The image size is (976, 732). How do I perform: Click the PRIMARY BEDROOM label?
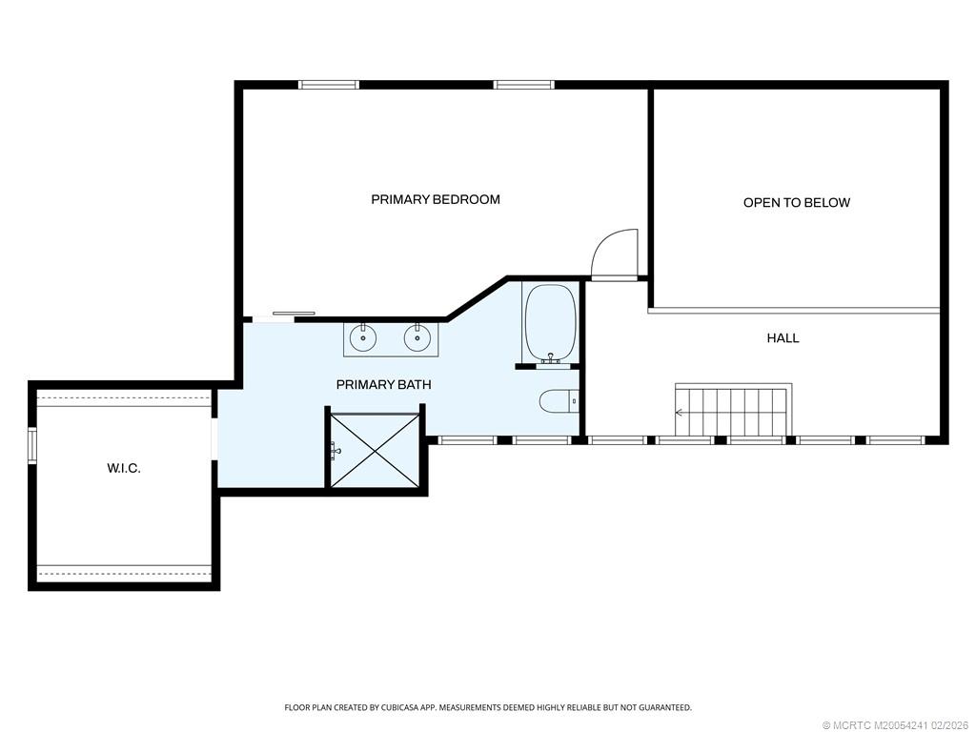[436, 199]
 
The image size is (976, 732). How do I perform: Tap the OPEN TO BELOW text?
[796, 202]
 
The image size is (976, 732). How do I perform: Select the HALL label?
[783, 337]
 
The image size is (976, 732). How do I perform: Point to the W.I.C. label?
[123, 468]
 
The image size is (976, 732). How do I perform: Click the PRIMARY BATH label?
[383, 384]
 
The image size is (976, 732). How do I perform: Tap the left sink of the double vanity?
[363, 336]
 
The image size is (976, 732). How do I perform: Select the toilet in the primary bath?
[559, 401]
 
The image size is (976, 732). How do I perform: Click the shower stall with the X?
[374, 450]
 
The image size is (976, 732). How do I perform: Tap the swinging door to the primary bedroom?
[615, 254]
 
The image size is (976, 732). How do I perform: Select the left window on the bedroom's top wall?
[329, 84]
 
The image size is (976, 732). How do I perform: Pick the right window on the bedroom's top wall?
[524, 84]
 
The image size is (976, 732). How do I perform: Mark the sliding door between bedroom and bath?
[293, 314]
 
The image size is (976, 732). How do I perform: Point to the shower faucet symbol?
[335, 450]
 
